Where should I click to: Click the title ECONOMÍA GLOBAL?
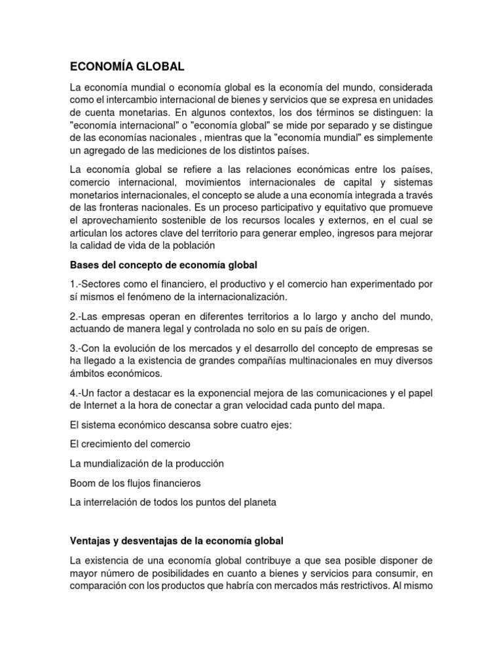(x=128, y=67)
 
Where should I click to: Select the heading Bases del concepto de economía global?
(x=164, y=265)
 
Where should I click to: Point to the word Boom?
(x=81, y=483)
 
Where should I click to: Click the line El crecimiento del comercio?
(x=130, y=444)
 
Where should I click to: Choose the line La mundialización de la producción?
(x=147, y=463)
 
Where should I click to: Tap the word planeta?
(x=259, y=503)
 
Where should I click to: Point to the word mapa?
(x=373, y=405)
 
